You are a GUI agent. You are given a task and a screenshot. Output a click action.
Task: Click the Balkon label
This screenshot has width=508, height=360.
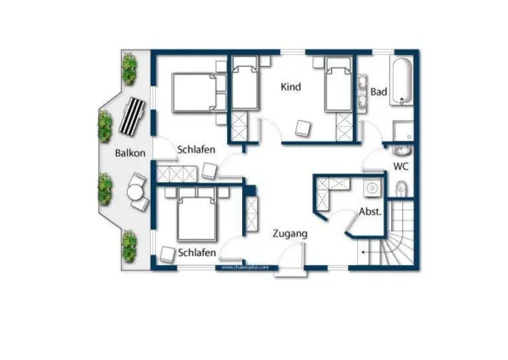tap(130, 152)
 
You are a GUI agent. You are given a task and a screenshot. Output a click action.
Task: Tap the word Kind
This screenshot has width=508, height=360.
tap(290, 86)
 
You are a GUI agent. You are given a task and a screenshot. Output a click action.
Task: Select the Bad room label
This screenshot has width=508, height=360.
tap(378, 91)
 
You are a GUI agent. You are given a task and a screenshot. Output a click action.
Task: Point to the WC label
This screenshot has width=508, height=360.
tap(400, 167)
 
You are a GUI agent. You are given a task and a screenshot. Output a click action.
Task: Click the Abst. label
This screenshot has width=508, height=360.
tap(370, 211)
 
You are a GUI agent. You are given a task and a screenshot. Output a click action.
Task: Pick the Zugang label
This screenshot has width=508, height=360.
tap(289, 233)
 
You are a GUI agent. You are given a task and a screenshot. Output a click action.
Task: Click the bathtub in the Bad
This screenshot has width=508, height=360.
tap(403, 82)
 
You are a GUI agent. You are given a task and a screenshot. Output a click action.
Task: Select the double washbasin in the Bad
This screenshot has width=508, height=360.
tap(364, 93)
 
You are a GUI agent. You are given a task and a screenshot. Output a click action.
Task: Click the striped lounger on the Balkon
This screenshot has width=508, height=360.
tap(134, 117)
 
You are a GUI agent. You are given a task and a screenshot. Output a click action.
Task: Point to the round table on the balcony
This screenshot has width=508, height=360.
tap(135, 193)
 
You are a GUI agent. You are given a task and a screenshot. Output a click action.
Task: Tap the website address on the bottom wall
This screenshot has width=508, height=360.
tap(246, 267)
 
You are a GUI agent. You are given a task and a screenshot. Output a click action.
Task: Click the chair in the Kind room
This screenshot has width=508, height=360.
tap(302, 127)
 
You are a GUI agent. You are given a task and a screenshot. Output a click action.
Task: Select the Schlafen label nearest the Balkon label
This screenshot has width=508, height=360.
tap(196, 150)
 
